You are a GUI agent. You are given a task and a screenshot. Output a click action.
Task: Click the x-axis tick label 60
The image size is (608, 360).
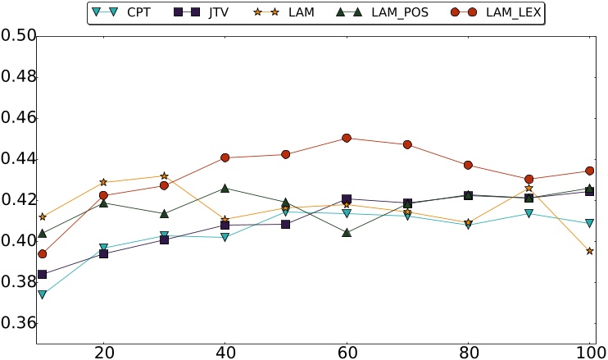(x=347, y=350)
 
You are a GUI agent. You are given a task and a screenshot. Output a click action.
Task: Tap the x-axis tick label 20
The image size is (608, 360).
(x=103, y=350)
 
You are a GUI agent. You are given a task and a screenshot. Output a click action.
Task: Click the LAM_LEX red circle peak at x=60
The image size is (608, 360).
(x=347, y=138)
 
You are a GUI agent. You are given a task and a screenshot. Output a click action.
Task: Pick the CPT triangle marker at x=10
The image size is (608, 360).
(x=42, y=294)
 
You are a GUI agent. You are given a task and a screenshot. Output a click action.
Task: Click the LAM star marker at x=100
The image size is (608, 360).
(x=590, y=251)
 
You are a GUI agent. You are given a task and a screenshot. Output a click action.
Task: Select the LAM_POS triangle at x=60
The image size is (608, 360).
(x=347, y=233)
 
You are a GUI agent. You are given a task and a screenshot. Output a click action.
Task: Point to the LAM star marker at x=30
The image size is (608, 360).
(x=164, y=176)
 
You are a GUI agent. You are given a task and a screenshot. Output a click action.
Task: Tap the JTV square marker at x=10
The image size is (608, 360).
(x=42, y=274)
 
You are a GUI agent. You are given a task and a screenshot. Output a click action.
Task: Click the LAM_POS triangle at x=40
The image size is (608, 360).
(x=225, y=189)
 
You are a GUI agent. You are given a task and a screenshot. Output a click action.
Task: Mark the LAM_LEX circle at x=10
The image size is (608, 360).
(x=42, y=254)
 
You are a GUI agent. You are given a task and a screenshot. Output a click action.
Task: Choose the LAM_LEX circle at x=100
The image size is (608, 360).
(x=590, y=171)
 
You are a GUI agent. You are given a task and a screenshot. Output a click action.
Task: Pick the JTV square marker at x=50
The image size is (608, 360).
(x=285, y=224)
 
